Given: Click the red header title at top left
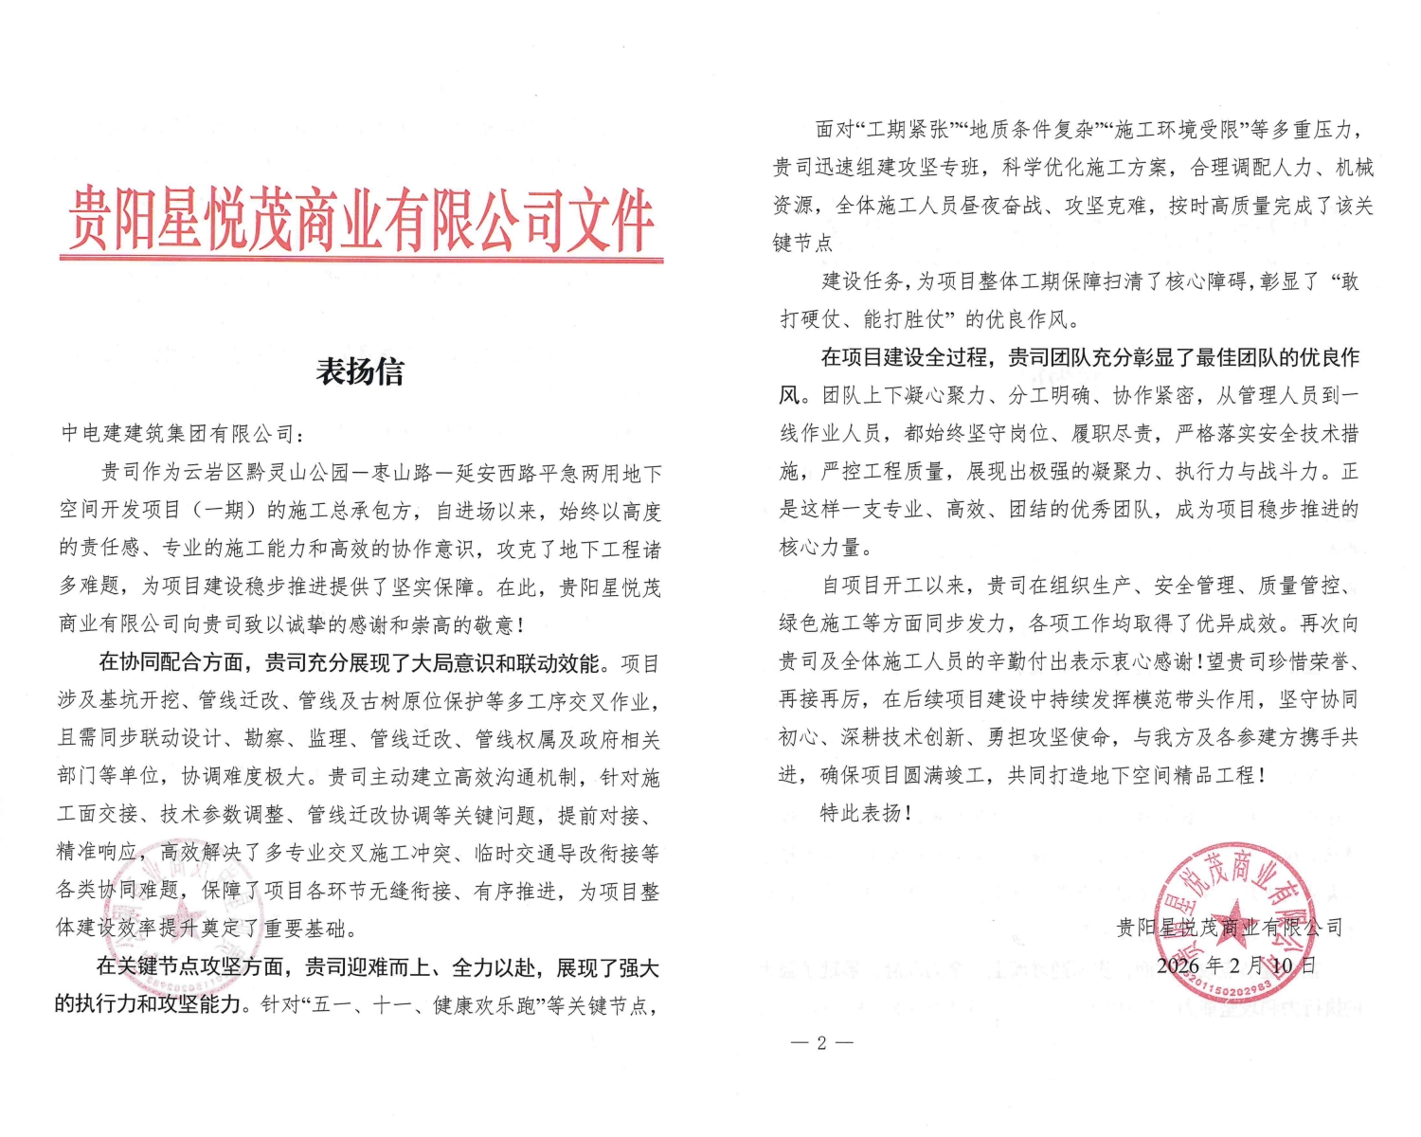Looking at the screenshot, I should [360, 220].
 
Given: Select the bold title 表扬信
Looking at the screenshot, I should [360, 371].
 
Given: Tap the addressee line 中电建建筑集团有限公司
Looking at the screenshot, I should [180, 434].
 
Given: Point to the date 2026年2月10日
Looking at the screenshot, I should [1236, 966].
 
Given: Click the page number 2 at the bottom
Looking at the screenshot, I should [821, 1043].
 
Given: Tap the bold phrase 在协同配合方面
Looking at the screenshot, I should [171, 663].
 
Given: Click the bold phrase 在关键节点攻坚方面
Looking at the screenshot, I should [189, 967].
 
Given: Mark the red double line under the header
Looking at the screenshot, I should [360, 258].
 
